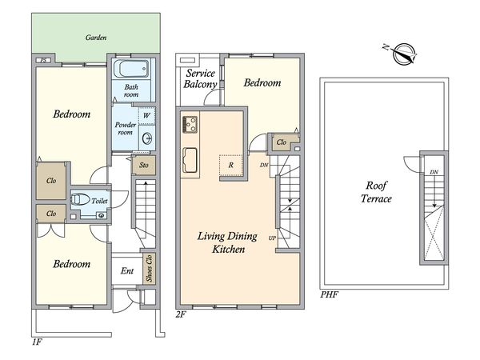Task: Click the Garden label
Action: click(x=96, y=38)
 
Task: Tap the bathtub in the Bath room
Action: click(x=131, y=69)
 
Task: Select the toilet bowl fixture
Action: click(x=79, y=199)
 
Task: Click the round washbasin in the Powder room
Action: click(x=147, y=138)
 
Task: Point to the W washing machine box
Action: click(x=147, y=116)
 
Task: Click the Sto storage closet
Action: click(x=144, y=166)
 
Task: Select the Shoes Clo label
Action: click(x=149, y=268)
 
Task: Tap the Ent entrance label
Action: click(x=127, y=271)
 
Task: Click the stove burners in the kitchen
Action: click(x=190, y=124)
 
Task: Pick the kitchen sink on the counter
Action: click(x=190, y=160)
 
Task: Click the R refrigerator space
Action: click(x=231, y=166)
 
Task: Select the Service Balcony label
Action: click(x=200, y=78)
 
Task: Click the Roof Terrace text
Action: click(x=376, y=192)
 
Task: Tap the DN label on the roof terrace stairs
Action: click(x=434, y=172)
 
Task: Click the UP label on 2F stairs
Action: click(x=272, y=238)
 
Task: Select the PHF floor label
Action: click(x=330, y=294)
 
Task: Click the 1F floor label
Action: click(x=37, y=342)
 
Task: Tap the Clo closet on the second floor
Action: click(x=282, y=142)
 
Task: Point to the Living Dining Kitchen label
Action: click(x=228, y=242)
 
